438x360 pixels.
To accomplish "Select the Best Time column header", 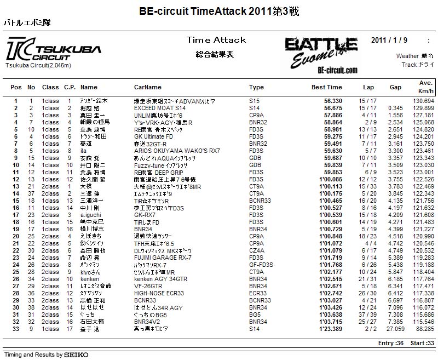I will pos(326,87).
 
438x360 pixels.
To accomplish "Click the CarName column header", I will pos(148,87).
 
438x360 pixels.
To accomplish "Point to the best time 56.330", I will pos(333,101).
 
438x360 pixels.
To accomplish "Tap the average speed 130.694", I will pos(423,101).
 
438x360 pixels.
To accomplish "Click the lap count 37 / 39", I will pos(367,315).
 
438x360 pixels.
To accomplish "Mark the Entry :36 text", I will pos(389,343).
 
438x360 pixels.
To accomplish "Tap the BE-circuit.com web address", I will pos(337,70).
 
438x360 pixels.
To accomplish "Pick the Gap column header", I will pos(395,87).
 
